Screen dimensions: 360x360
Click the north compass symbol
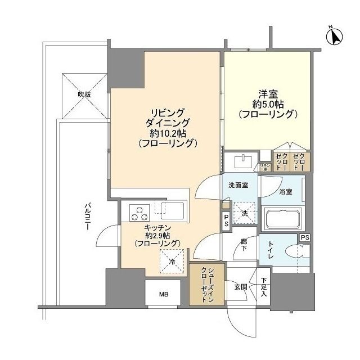(x=334, y=37)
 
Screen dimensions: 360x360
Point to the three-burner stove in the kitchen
(x=138, y=213)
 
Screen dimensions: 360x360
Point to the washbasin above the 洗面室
(x=244, y=161)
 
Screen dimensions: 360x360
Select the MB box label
(x=163, y=294)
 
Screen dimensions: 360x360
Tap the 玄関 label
(x=241, y=286)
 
